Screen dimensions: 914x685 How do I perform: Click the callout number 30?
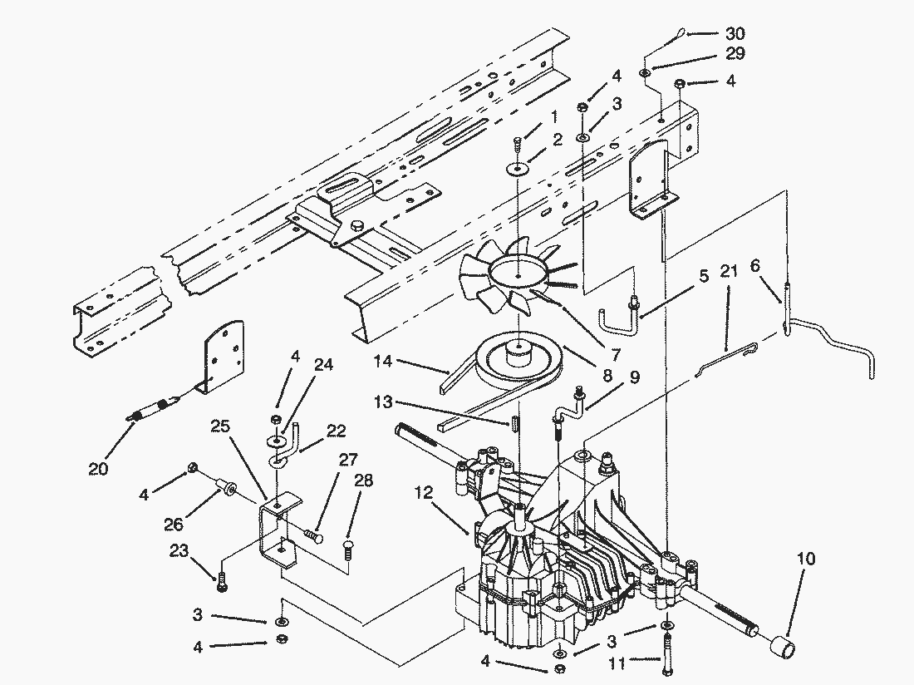[735, 33]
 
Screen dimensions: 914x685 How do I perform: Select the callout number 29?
[735, 54]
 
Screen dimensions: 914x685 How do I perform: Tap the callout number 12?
[424, 493]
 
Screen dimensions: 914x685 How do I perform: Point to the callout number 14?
[382, 362]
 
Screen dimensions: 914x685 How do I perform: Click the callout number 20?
[98, 468]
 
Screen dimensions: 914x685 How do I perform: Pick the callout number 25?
[220, 426]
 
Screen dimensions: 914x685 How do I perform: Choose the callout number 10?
[806, 559]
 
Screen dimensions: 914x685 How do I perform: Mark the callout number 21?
[729, 271]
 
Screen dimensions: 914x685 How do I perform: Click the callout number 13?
[384, 402]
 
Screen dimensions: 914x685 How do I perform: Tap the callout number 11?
[618, 663]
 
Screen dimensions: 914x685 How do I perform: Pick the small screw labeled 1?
[517, 142]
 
